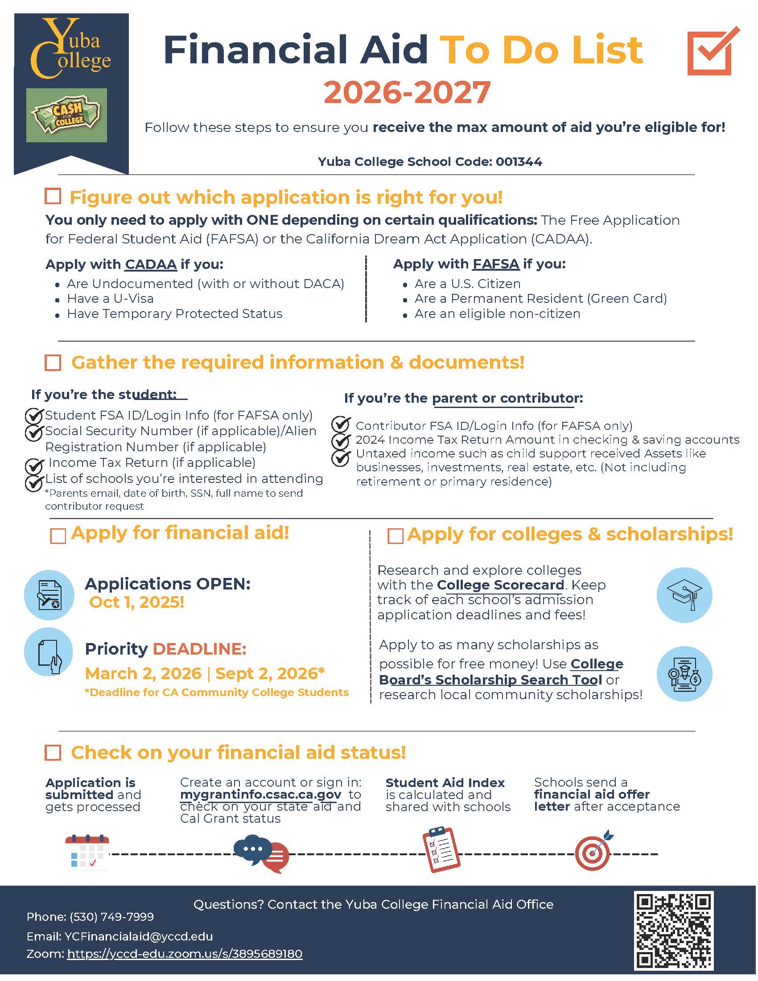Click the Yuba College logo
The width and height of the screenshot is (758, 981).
(70, 49)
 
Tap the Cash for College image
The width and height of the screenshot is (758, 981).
(66, 115)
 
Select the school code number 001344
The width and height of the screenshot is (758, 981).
(519, 162)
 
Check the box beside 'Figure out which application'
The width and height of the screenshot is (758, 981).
(53, 196)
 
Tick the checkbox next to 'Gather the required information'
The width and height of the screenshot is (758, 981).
(53, 363)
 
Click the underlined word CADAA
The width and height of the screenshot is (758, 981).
(150, 264)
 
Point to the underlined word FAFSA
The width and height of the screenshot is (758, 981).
(496, 264)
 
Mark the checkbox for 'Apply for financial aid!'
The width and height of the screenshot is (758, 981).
(58, 536)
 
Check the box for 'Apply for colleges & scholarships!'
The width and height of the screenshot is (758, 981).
(395, 536)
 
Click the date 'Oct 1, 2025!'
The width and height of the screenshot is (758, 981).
(136, 602)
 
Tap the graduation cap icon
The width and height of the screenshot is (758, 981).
(684, 595)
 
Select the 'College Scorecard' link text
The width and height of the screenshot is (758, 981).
(500, 585)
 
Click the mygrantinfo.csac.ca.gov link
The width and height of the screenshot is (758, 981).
(260, 795)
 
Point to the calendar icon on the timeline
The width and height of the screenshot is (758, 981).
(87, 852)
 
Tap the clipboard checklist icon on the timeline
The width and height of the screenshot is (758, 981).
(441, 849)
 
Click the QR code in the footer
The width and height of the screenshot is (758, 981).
(673, 931)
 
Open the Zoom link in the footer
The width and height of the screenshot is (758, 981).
(185, 954)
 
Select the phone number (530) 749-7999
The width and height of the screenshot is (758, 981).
(111, 917)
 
